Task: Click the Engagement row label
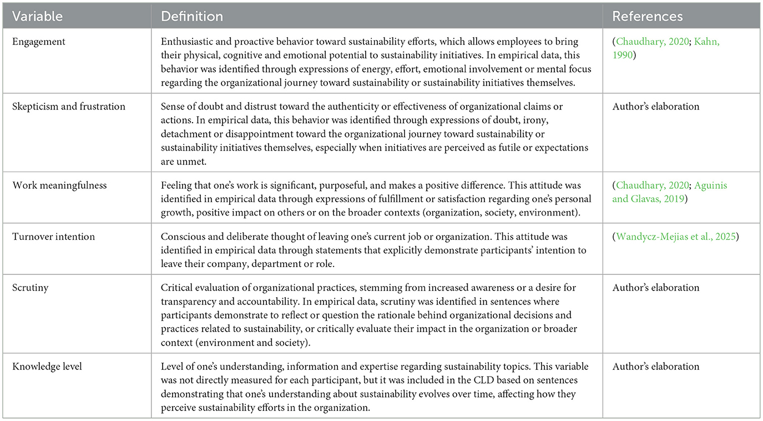[38, 42]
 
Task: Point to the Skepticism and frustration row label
[69, 107]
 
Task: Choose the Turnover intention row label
[54, 237]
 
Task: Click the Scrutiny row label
[31, 288]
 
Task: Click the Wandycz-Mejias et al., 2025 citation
[675, 237]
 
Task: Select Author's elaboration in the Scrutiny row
[656, 288]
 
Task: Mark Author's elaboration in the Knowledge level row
[656, 367]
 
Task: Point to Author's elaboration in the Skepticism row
[656, 107]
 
